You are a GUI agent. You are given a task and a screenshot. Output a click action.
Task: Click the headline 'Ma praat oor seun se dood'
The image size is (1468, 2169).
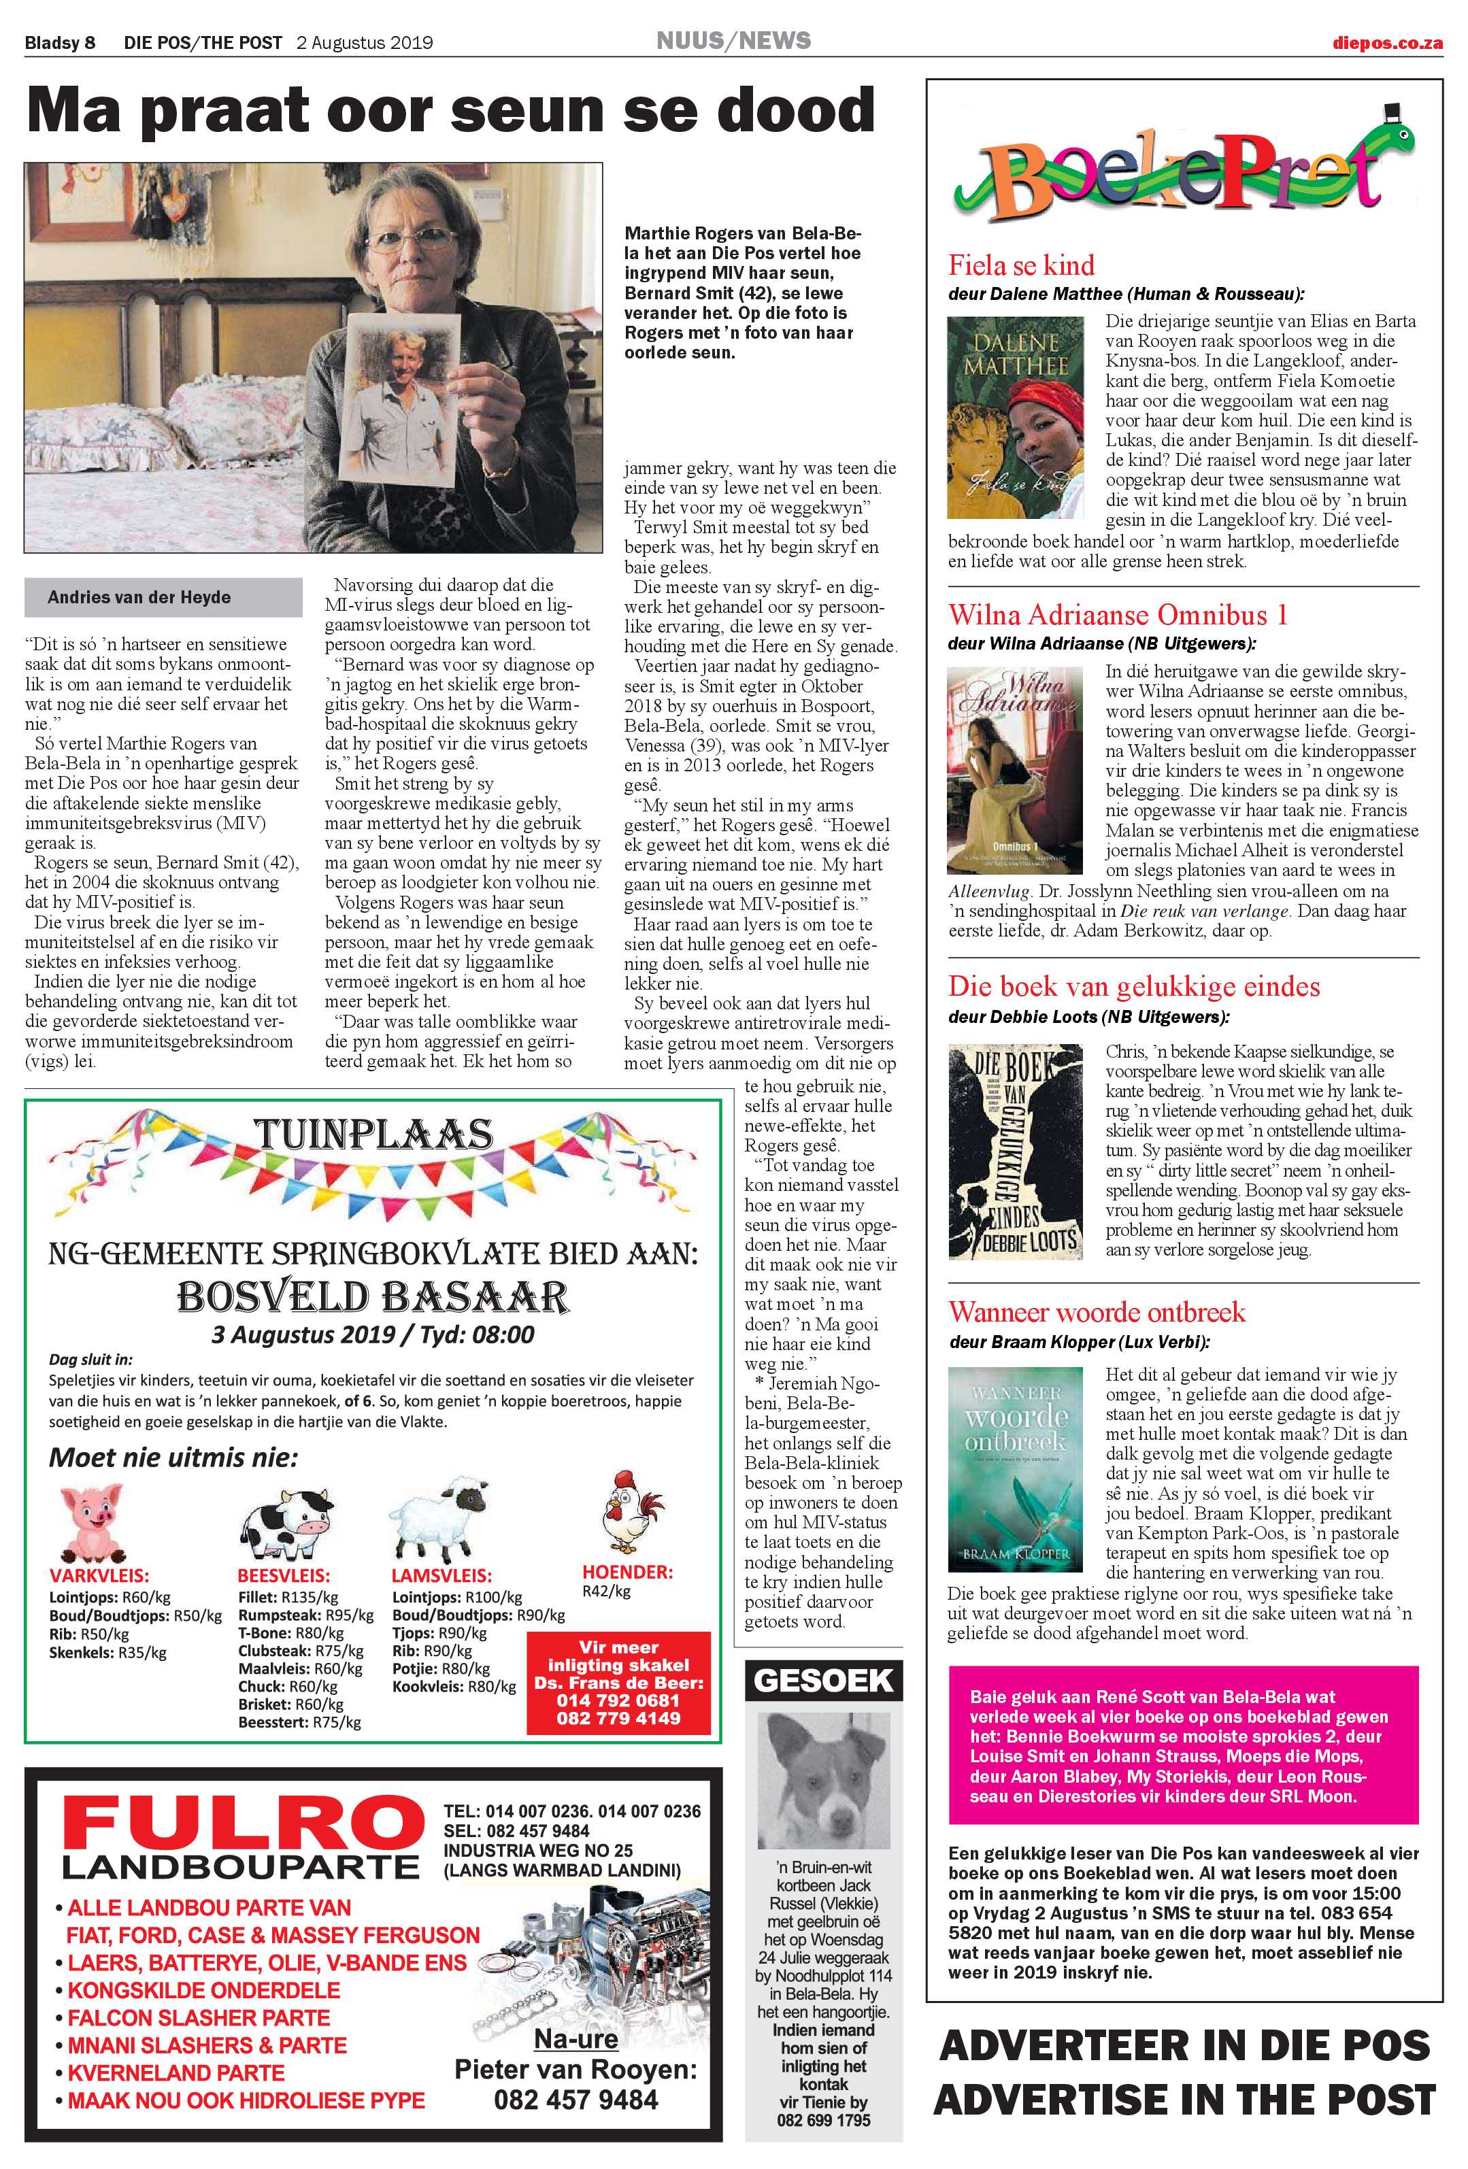click(x=451, y=111)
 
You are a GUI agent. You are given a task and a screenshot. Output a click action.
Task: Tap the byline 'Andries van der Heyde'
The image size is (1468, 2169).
click(x=140, y=597)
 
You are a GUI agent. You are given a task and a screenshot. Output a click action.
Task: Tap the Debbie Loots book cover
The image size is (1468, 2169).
click(x=1016, y=1151)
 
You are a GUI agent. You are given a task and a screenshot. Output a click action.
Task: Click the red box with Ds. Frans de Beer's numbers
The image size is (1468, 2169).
click(x=619, y=1682)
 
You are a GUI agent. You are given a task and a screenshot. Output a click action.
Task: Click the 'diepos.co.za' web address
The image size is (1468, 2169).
click(x=1387, y=43)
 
